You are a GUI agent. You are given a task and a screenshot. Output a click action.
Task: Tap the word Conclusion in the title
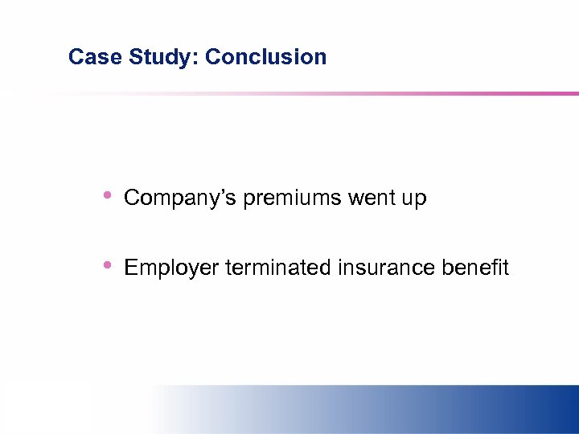coord(265,57)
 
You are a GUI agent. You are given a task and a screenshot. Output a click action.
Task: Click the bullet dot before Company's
coord(108,195)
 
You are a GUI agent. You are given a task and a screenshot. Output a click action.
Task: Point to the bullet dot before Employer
coord(108,264)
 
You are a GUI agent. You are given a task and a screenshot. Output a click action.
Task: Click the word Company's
coord(180,198)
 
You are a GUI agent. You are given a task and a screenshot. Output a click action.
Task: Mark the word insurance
coord(384,267)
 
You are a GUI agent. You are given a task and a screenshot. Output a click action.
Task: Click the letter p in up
coord(421,200)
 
